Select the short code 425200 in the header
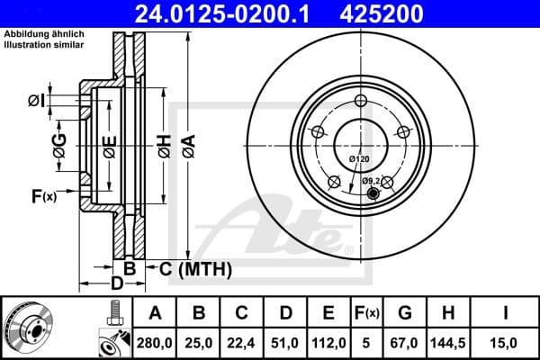tap(404, 13)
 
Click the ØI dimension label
tap(37, 100)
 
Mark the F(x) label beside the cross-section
tap(43, 195)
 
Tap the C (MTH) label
tap(195, 268)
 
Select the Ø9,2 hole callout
tap(373, 181)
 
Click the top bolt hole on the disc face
tap(361, 101)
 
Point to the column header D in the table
tap(285, 312)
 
